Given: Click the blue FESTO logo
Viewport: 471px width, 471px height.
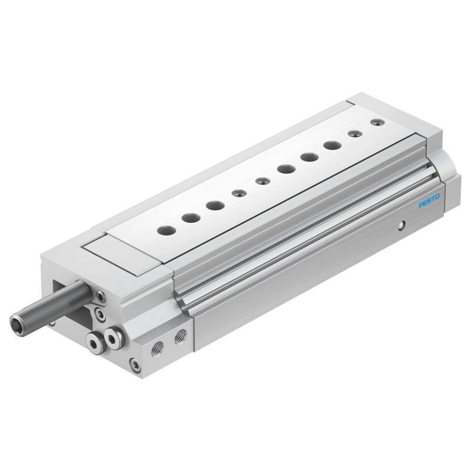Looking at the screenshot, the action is pyautogui.click(x=429, y=201).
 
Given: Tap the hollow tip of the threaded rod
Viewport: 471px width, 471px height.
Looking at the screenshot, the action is pyautogui.click(x=16, y=322).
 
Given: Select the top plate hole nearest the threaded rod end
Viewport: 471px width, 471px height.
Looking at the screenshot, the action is pyautogui.click(x=167, y=230).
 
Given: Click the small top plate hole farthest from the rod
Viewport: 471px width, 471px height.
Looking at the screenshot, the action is pyautogui.click(x=377, y=122).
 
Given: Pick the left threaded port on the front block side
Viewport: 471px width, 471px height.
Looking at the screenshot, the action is pyautogui.click(x=157, y=349).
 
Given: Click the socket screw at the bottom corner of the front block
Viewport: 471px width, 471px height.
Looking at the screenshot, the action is pyautogui.click(x=135, y=365).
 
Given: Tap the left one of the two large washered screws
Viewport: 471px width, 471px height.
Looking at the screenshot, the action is pyautogui.click(x=95, y=342).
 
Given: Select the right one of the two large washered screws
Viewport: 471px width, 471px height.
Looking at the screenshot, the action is pyautogui.click(x=112, y=338).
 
